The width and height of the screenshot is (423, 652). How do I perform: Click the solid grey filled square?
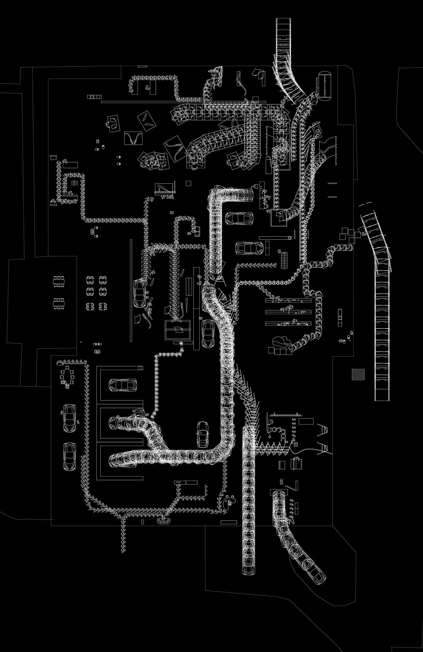(358, 374)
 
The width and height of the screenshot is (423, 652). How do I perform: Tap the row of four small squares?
(94, 97)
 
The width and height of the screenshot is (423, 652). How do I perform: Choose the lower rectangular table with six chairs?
(59, 303)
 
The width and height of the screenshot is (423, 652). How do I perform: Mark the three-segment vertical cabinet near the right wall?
(340, 317)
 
